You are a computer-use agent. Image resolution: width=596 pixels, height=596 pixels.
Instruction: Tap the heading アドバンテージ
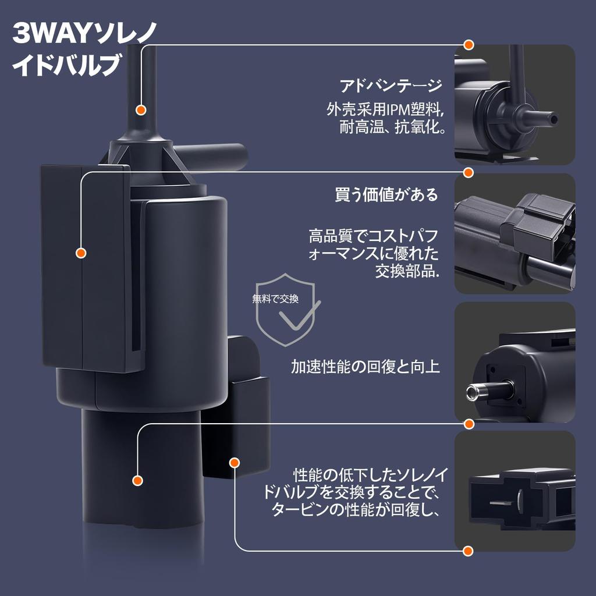click(x=391, y=86)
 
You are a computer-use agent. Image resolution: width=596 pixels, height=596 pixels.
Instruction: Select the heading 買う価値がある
click(x=386, y=194)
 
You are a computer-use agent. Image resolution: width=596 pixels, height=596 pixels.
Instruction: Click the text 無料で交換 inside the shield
click(x=275, y=299)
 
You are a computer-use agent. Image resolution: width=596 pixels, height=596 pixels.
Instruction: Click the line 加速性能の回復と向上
click(x=365, y=366)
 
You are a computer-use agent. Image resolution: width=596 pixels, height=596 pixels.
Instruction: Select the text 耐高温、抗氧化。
click(x=392, y=127)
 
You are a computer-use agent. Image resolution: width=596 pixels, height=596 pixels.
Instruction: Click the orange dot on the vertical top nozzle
click(x=140, y=109)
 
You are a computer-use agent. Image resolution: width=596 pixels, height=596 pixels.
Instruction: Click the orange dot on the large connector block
click(x=81, y=253)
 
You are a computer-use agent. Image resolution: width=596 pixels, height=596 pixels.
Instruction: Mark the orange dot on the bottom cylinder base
click(x=137, y=480)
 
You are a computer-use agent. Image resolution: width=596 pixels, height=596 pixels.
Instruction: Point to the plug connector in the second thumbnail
click(x=538, y=224)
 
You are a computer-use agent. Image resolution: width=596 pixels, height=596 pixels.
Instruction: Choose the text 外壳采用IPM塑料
click(x=384, y=108)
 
